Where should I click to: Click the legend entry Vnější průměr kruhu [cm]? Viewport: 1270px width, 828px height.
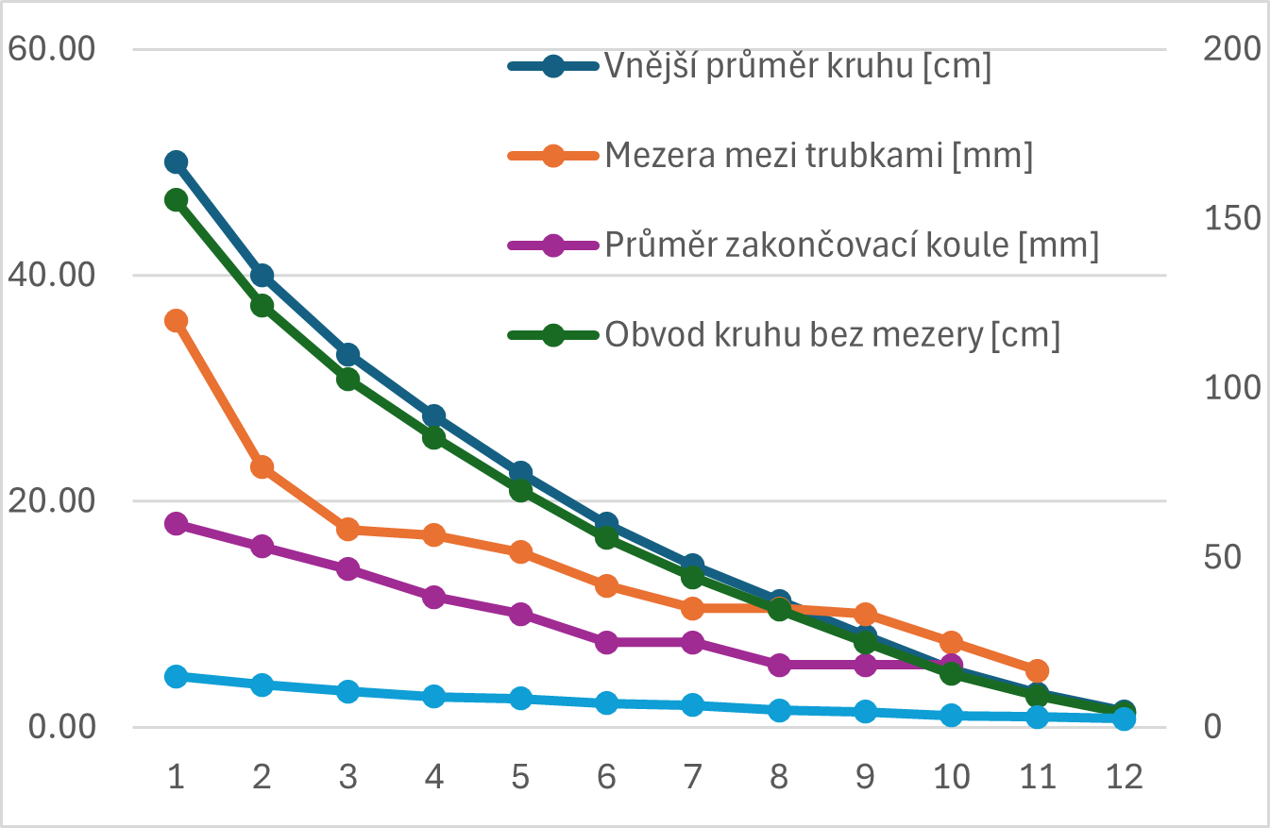(x=798, y=67)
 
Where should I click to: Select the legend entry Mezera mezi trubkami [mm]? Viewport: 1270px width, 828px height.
(x=819, y=156)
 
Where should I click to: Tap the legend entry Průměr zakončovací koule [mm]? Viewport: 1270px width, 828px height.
(x=852, y=245)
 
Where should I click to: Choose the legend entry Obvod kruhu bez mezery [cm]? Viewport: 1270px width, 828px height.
(x=832, y=334)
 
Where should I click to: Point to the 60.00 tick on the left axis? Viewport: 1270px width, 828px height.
(x=52, y=48)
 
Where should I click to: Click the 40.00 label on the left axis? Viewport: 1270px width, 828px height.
(x=52, y=275)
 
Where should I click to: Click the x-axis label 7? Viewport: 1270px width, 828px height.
(x=693, y=777)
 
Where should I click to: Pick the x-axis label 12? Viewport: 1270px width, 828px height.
(x=1124, y=777)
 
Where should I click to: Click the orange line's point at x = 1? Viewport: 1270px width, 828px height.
(x=176, y=321)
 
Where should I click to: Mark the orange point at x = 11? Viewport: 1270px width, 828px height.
(x=1037, y=671)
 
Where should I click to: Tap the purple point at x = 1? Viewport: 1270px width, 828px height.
(x=176, y=524)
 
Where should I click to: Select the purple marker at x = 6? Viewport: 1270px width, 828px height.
(x=606, y=642)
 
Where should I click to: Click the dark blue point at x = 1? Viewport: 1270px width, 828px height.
(x=176, y=162)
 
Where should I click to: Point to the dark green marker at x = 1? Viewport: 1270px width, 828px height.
(x=176, y=200)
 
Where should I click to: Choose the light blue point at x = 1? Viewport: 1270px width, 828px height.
(x=176, y=676)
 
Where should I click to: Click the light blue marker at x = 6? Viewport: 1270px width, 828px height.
(x=606, y=702)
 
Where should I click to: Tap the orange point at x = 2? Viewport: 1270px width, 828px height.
(x=262, y=467)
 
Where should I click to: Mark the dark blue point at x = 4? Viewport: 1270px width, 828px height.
(x=434, y=416)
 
